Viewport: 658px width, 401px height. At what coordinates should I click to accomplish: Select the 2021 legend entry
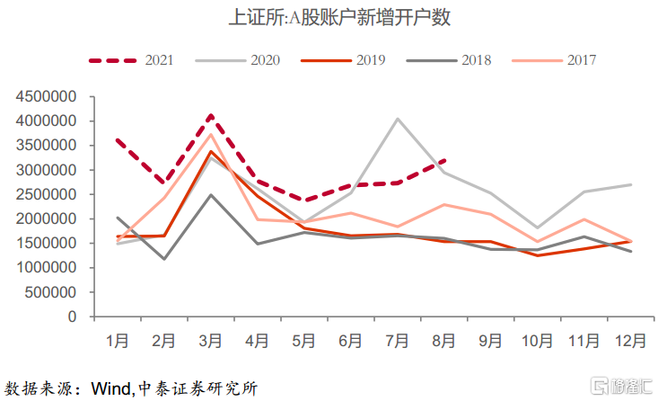(131, 60)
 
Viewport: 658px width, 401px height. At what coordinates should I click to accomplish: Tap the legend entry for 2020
(243, 60)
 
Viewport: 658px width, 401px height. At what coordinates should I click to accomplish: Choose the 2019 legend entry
(346, 60)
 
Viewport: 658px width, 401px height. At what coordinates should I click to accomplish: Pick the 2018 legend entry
(449, 60)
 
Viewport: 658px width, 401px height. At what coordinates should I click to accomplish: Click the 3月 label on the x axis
(210, 343)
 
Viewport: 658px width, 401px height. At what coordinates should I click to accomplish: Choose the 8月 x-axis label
(444, 343)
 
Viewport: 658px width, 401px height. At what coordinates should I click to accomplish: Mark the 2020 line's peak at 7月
(398, 119)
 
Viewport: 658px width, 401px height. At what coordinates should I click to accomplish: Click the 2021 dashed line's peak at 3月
(210, 115)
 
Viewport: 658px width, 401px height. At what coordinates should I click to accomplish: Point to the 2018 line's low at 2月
(163, 259)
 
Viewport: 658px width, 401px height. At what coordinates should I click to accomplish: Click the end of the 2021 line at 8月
(444, 161)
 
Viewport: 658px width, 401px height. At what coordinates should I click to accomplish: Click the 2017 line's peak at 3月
(210, 134)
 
